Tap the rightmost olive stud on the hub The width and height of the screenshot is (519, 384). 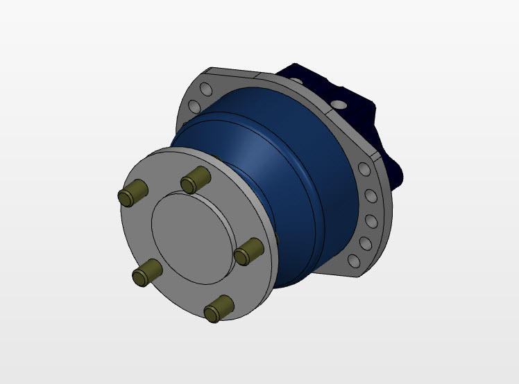click(248, 250)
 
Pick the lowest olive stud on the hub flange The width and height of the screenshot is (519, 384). click(219, 308)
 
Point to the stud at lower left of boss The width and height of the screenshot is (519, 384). click(146, 270)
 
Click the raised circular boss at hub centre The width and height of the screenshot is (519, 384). click(189, 235)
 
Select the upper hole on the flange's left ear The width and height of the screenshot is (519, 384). click(205, 89)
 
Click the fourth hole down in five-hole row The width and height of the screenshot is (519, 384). click(365, 243)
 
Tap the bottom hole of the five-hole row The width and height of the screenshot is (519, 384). click(355, 261)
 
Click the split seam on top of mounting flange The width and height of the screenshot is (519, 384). click(257, 72)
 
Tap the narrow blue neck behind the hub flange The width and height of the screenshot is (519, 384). click(184, 142)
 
